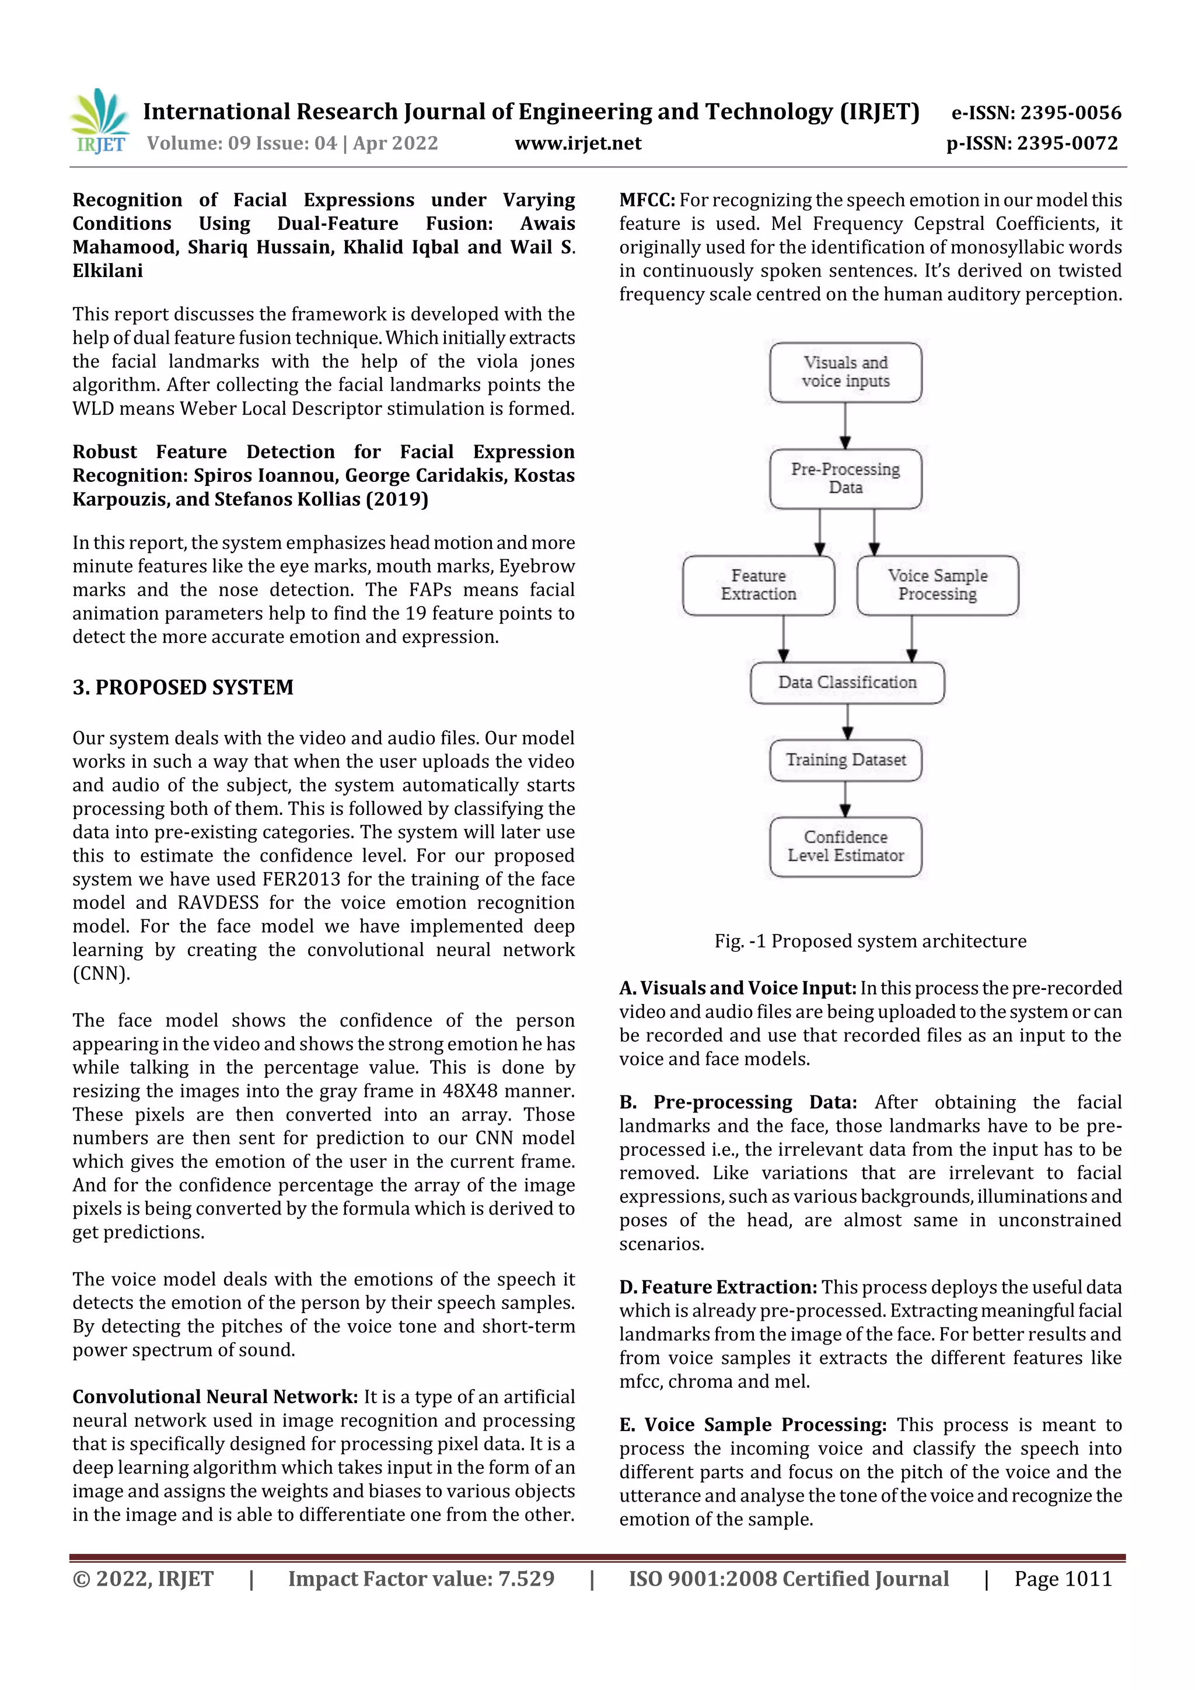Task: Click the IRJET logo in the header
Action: click(x=99, y=121)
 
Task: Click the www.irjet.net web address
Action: click(x=578, y=144)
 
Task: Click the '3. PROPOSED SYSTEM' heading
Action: click(x=183, y=687)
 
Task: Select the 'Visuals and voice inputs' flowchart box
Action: click(x=845, y=372)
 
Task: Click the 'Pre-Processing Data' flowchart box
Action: click(x=845, y=478)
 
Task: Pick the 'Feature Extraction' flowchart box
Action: click(x=759, y=585)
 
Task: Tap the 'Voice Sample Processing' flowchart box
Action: click(x=937, y=585)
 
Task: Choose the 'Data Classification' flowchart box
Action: click(x=847, y=683)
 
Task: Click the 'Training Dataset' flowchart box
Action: click(x=845, y=760)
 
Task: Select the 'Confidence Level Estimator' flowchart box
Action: click(x=845, y=846)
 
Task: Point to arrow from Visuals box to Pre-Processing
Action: click(x=845, y=425)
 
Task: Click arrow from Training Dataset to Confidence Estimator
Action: click(x=845, y=799)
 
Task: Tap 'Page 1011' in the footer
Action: click(x=1063, y=1579)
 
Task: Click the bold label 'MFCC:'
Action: click(x=647, y=200)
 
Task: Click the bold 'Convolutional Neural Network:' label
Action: click(x=215, y=1397)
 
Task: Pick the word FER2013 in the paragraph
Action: click(x=302, y=880)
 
